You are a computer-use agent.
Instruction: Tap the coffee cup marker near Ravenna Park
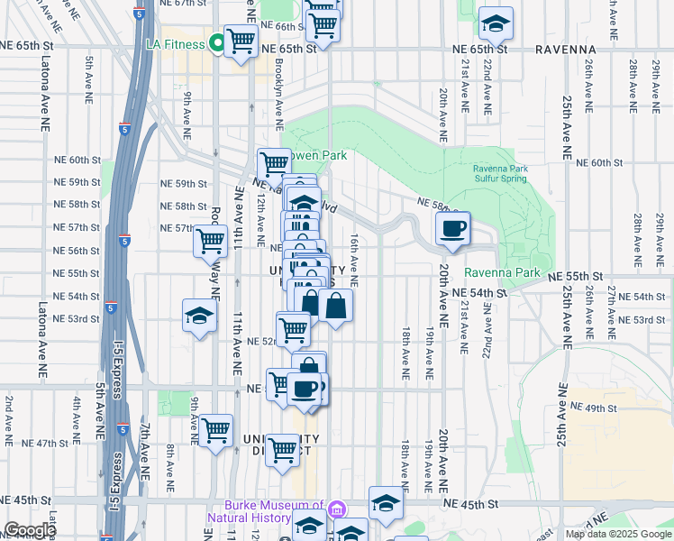[x=453, y=227]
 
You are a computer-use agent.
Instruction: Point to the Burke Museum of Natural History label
[x=265, y=511]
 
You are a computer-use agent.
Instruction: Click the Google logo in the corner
[x=30, y=530]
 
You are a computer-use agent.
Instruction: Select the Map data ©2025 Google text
[x=618, y=534]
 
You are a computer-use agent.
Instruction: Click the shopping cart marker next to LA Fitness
[x=241, y=41]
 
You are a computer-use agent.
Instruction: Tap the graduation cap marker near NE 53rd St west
[x=199, y=316]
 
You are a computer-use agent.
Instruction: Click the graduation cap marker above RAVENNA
[x=495, y=23]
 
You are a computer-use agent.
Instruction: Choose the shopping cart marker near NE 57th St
[x=210, y=241]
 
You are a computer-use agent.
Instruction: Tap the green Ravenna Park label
[x=502, y=272]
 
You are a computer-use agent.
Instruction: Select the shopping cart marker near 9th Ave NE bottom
[x=216, y=431]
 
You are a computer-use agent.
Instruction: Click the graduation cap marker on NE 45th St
[x=385, y=504]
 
